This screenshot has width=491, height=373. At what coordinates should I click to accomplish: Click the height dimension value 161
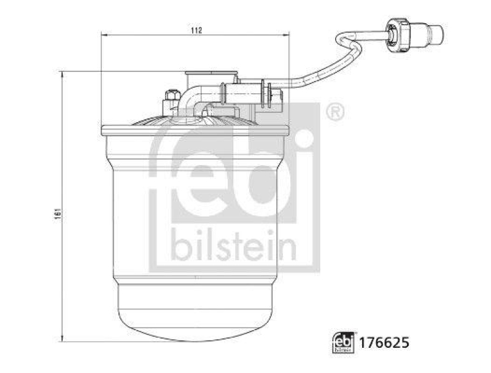(x=56, y=208)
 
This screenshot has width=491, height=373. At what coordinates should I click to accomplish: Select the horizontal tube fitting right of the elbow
(x=242, y=93)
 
